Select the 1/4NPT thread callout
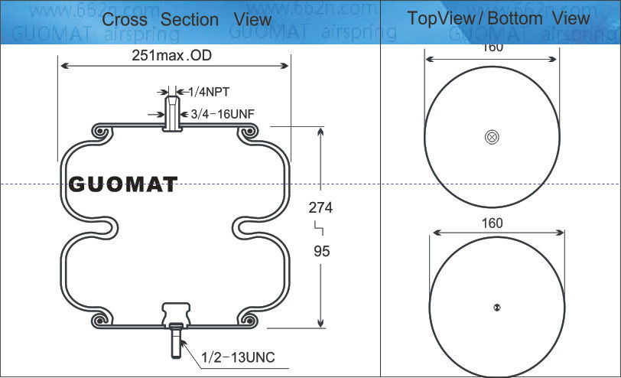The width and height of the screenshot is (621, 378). pos(209,93)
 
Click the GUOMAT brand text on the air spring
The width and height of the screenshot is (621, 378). pos(123,184)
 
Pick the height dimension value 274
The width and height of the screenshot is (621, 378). pos(321,207)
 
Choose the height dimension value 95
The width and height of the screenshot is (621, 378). pos(321,251)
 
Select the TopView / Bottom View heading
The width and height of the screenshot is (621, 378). pos(498,18)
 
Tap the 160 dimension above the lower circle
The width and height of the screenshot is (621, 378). pos(493,223)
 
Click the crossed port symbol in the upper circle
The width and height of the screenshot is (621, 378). pos(492,137)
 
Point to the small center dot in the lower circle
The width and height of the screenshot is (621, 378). pos(496,308)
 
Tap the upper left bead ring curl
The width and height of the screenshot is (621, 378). pos(100,133)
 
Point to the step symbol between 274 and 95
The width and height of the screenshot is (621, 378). pos(320,228)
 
